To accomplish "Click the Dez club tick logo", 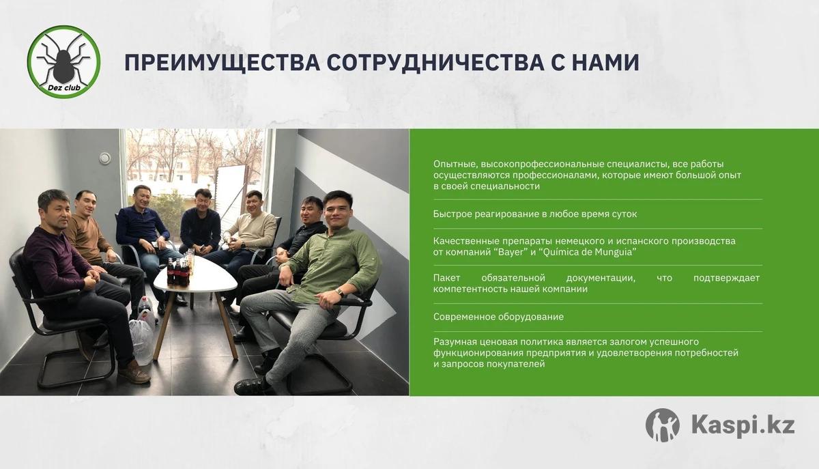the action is point(63,61).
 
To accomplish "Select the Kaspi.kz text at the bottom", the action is point(743,426).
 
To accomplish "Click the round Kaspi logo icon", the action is point(663,425).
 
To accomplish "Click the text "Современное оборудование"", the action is point(498,317).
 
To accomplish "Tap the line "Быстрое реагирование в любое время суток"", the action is point(535,214).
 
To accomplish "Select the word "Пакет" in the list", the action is point(447,278).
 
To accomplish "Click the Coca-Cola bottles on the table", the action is point(178,272).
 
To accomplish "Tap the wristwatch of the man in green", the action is point(339,292).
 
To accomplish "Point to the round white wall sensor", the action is point(104,158).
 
